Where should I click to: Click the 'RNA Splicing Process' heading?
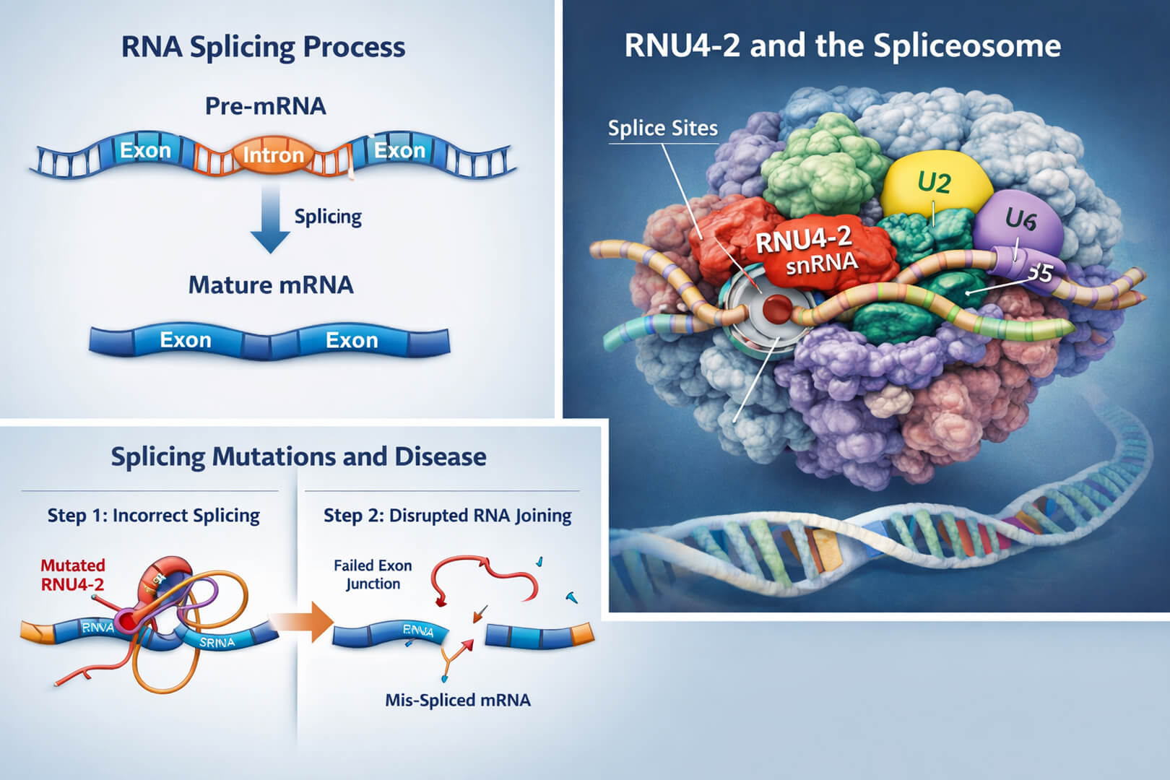[x=263, y=47]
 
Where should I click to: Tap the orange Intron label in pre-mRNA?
[x=272, y=155]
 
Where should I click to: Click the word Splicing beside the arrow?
[x=327, y=217]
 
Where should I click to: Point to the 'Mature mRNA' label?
[x=271, y=285]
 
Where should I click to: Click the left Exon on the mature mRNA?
[x=186, y=339]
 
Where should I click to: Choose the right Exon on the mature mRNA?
[x=352, y=339]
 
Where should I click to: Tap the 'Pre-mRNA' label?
[x=265, y=106]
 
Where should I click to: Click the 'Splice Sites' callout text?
[x=662, y=129]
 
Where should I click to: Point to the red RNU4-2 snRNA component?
[x=802, y=250]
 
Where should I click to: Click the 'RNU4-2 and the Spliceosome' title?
[x=842, y=45]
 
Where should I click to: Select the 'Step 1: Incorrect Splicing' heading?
[x=153, y=515]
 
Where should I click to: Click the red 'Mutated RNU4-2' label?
[x=72, y=575]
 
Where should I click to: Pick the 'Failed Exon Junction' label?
[x=373, y=574]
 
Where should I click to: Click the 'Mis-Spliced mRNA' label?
[x=457, y=700]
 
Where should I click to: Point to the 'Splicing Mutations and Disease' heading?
[x=298, y=456]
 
